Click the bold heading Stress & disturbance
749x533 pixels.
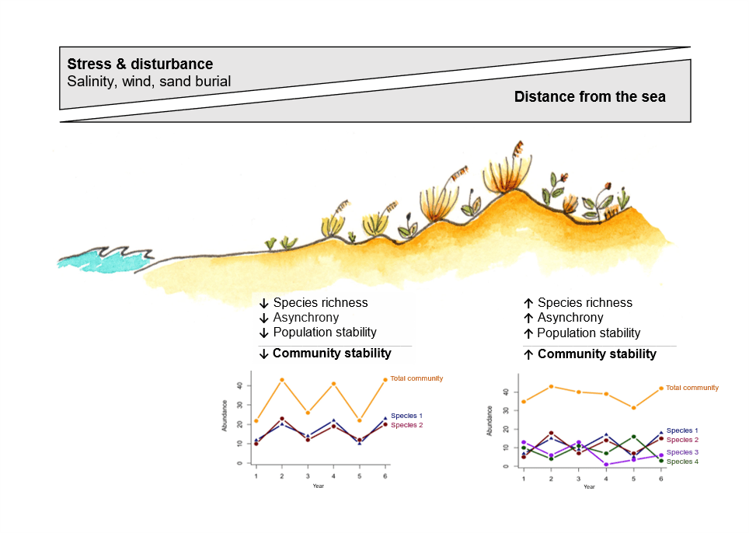(x=140, y=64)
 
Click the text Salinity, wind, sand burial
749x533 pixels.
(x=148, y=81)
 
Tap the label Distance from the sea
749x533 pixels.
(x=590, y=97)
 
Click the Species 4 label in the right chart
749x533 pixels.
(x=683, y=462)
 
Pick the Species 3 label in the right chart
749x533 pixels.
(x=683, y=452)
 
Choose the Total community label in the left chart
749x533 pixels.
(x=416, y=378)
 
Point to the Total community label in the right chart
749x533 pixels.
(x=692, y=388)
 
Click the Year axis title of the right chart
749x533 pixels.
(x=589, y=486)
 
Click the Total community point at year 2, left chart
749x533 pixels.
(x=282, y=380)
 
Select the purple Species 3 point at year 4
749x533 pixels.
(x=605, y=464)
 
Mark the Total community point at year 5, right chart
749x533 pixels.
(x=634, y=408)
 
